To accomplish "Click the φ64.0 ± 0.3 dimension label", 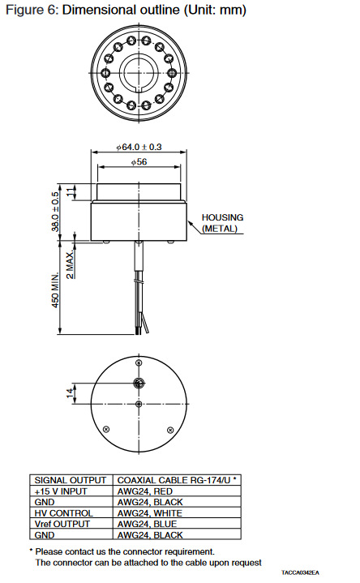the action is click(139, 147).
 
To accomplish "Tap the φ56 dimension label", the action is click(139, 161).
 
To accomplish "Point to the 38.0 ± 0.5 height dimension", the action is click(55, 211).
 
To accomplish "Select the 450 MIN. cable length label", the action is click(55, 290).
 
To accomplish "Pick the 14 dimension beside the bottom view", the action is click(70, 393).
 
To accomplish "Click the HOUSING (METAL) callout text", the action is click(222, 223).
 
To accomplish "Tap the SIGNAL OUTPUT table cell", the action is click(71, 480).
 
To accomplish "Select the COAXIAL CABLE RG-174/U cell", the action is click(177, 480).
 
